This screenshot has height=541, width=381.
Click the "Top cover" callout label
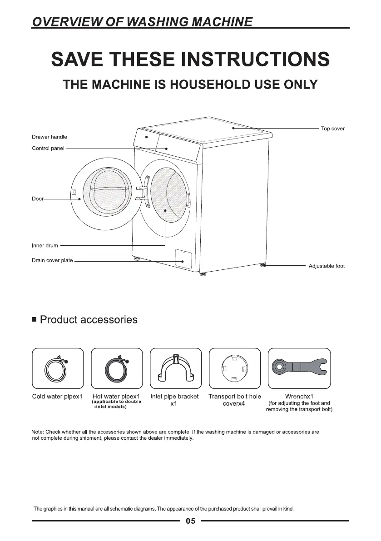[x=332, y=129]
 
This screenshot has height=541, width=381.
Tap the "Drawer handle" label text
[x=49, y=137]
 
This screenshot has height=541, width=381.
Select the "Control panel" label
[x=48, y=148]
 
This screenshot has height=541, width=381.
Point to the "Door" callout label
[x=37, y=199]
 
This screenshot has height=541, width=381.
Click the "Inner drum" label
[x=45, y=246]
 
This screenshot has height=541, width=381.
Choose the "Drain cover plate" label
[x=52, y=261]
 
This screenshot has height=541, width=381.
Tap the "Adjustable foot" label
[x=327, y=266]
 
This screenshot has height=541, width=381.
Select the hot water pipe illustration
[x=117, y=368]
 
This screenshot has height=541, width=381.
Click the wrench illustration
[x=299, y=366]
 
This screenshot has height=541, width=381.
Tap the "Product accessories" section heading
[x=89, y=320]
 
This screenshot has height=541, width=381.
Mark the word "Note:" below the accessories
[x=39, y=432]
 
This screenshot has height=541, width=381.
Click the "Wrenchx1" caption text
[x=299, y=397]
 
